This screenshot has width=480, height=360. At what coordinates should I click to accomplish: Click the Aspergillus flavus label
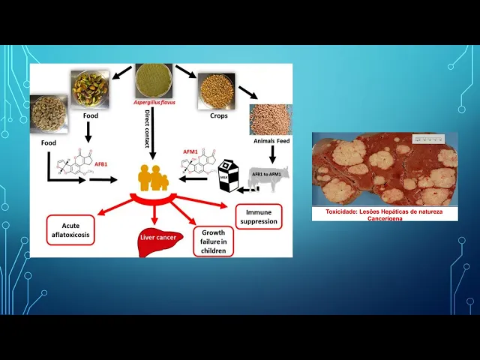click(154, 102)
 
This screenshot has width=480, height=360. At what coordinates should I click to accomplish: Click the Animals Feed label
click(272, 140)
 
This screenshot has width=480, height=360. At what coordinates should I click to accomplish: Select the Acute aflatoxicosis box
click(74, 229)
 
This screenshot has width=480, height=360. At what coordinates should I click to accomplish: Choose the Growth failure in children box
click(214, 241)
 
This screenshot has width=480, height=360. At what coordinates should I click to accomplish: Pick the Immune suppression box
click(259, 216)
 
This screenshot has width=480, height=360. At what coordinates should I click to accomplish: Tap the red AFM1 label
click(190, 151)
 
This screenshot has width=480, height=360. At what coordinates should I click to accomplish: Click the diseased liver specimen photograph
click(385, 169)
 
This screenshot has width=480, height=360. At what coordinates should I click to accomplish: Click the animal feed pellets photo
click(271, 119)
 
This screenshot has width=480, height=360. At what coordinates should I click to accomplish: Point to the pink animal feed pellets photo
click(271, 119)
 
